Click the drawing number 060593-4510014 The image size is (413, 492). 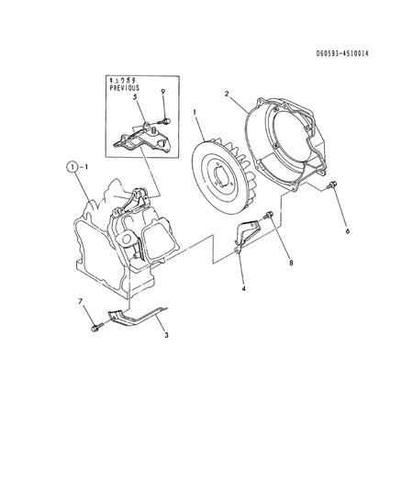coord(342,53)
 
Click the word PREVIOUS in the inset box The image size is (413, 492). coord(124,88)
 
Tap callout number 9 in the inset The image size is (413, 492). coord(162,92)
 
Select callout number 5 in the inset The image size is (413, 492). coord(135,96)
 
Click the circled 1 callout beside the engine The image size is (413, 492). coord(73,167)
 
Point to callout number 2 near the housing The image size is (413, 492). coord(227,94)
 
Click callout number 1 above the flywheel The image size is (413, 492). coord(195,112)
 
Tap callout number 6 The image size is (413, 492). coord(348,231)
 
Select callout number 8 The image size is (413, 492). coord(291,263)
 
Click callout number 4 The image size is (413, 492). coord(244,288)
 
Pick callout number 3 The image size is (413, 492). coord(167,335)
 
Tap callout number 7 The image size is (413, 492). coord(81,302)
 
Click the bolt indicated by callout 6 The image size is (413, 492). coord(332,184)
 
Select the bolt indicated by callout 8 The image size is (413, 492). coord(268,216)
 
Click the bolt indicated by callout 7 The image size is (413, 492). coord(96,328)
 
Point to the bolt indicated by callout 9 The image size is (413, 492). coord(165,121)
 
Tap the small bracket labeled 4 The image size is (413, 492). coord(247,234)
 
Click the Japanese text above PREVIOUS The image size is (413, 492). coord(122,81)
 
